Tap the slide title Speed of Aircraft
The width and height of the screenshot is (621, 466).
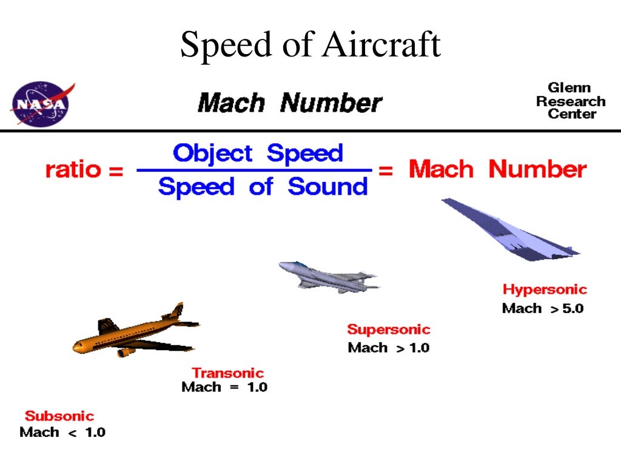point(310,45)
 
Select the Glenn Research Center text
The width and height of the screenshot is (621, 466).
point(570,101)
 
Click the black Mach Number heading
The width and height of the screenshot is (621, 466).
point(290,103)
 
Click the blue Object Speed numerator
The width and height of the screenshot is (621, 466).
point(258,153)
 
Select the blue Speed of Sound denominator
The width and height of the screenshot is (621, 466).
point(263,187)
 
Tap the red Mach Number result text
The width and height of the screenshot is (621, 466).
point(497,169)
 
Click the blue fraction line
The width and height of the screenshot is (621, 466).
point(254,171)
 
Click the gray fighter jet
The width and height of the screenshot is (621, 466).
point(327,276)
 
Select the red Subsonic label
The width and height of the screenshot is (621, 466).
point(59,416)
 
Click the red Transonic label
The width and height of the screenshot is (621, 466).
point(228,373)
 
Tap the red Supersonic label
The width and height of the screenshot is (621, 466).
point(389,329)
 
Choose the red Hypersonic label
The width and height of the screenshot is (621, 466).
point(545,289)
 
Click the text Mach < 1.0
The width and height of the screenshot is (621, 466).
point(62,433)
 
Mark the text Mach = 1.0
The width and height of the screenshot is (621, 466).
point(224,387)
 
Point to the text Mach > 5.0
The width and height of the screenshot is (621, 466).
point(543,308)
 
